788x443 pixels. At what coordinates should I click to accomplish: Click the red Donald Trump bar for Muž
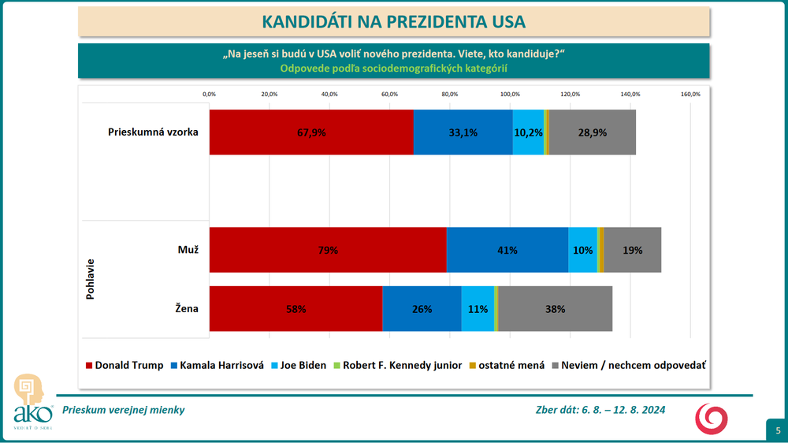click(328, 250)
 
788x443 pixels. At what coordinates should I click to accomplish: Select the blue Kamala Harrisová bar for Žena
click(422, 309)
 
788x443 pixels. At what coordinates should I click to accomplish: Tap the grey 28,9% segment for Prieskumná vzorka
click(593, 132)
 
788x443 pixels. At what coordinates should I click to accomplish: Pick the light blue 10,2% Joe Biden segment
click(528, 132)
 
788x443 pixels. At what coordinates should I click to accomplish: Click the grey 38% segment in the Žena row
click(555, 309)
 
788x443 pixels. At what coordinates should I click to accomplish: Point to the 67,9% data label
click(311, 132)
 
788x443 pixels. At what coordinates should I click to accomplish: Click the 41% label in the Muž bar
click(507, 250)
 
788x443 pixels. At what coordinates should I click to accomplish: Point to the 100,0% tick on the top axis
click(510, 95)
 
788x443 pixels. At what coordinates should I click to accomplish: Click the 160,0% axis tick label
click(690, 95)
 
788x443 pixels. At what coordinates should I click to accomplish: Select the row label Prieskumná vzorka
click(153, 132)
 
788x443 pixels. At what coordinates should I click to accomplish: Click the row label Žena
click(186, 309)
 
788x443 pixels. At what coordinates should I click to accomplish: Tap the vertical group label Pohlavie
click(90, 279)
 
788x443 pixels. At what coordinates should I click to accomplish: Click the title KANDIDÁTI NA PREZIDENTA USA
click(393, 21)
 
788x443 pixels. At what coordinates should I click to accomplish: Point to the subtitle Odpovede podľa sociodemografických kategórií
click(393, 68)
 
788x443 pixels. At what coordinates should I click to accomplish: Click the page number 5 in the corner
click(776, 430)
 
